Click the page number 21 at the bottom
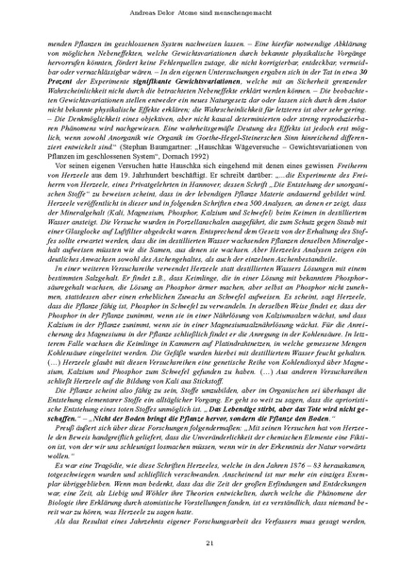(x=199, y=540)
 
